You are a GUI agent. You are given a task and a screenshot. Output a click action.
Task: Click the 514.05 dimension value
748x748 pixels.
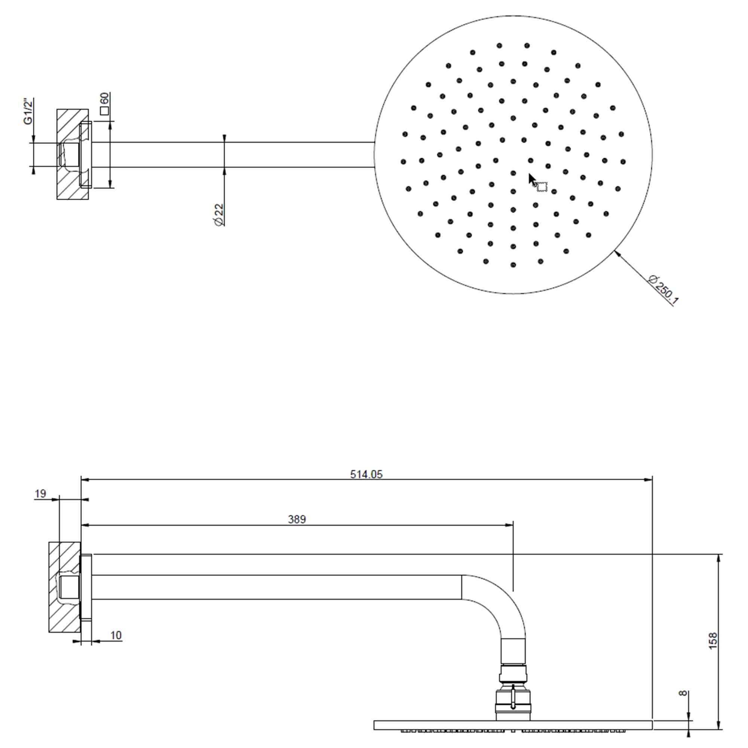point(366,474)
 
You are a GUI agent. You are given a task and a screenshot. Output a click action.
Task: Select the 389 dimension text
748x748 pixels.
point(297,519)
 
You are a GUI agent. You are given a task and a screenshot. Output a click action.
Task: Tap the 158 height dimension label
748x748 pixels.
point(713,641)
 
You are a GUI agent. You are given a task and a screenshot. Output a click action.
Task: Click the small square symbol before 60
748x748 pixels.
point(104,111)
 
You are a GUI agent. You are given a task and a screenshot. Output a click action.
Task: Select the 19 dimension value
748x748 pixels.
point(40,494)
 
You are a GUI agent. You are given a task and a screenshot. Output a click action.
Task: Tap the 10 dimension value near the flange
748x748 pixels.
point(116,635)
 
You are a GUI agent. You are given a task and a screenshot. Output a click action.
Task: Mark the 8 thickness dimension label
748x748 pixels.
point(683,693)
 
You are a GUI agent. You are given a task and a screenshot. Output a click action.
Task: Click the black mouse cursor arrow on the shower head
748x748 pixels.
point(532,180)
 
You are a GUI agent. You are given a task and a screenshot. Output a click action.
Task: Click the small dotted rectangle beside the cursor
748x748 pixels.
point(542,187)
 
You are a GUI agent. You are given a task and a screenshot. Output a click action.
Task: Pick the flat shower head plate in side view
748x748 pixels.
point(513,725)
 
